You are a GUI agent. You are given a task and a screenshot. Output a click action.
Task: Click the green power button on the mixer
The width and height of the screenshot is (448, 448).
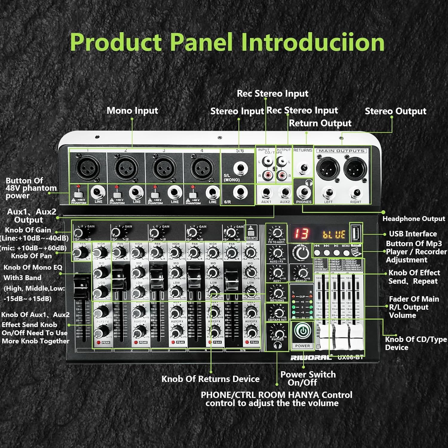coord(303,332)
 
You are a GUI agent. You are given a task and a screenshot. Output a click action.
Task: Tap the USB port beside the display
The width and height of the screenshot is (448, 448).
coord(355,233)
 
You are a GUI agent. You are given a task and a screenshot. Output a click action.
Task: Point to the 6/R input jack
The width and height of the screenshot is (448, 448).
coord(240,192)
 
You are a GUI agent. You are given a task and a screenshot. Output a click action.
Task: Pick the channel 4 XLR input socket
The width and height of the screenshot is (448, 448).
coord(202,168)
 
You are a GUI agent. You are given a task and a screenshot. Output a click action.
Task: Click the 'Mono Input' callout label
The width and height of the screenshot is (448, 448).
coord(132,111)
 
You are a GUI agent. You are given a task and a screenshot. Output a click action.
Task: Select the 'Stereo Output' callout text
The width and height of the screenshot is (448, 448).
coord(395,111)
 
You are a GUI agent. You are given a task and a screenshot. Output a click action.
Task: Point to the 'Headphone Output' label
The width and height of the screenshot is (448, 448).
coord(414,219)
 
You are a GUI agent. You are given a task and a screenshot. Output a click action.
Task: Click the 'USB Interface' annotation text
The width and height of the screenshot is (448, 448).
coord(413,234)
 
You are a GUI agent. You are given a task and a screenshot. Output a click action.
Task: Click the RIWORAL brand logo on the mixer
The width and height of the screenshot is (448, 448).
coord(311,358)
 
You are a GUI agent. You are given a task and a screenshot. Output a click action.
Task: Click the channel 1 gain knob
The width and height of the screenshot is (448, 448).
coord(79,233)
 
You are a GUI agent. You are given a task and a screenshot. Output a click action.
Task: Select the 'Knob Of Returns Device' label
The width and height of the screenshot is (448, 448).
coord(210,379)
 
